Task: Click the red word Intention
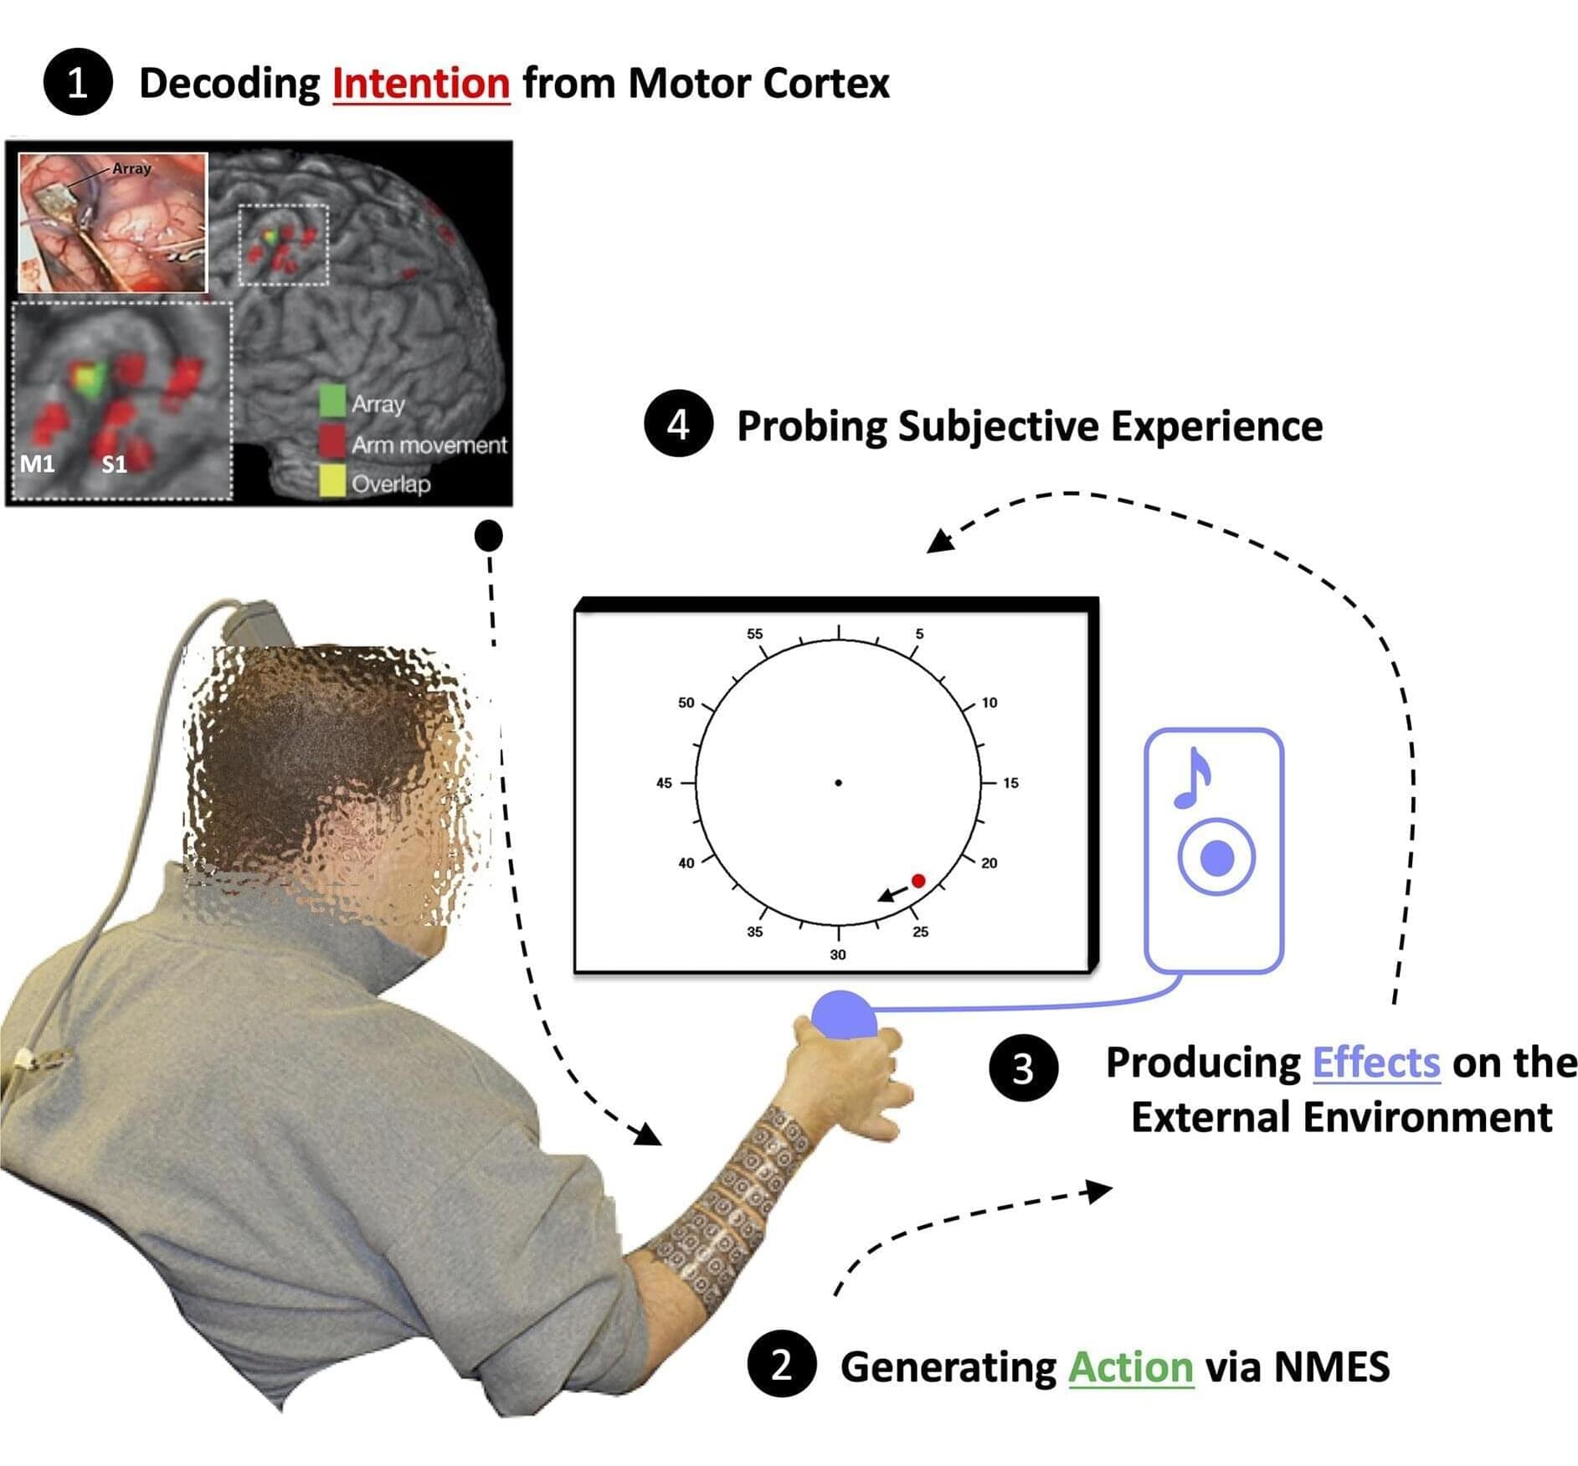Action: [421, 84]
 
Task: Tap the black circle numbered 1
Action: [78, 82]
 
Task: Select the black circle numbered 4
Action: [678, 424]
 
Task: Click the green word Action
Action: [1130, 1366]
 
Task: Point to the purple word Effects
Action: [1375, 1062]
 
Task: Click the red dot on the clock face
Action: [918, 881]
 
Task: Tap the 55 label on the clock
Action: [754, 634]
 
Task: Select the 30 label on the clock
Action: [838, 954]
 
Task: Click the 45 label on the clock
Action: [664, 783]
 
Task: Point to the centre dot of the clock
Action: [838, 783]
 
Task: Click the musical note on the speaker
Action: [1194, 778]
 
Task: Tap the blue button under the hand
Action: [844, 1016]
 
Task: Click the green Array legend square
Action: [332, 401]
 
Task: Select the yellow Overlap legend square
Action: [332, 481]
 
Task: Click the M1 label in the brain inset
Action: [38, 463]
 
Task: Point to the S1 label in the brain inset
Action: [115, 464]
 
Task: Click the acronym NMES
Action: [1331, 1366]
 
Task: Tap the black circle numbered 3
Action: [1023, 1068]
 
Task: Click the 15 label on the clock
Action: [1010, 783]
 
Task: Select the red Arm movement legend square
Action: [332, 441]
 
